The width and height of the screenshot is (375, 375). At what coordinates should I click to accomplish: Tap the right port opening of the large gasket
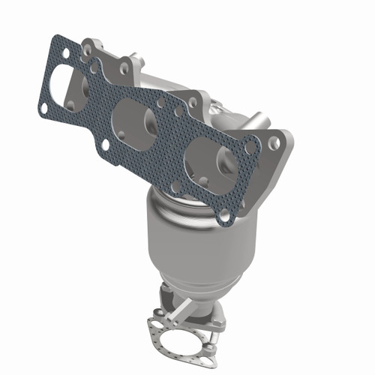click(x=211, y=159)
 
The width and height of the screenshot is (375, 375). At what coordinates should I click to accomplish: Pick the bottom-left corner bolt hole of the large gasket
click(x=44, y=108)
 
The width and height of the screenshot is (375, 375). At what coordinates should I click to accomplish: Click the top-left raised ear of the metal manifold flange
click(x=90, y=45)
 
